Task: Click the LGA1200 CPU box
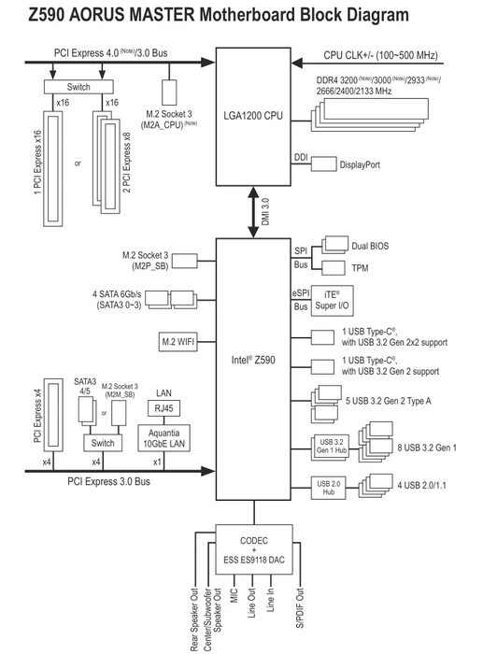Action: coord(253,117)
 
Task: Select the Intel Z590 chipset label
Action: coord(253,360)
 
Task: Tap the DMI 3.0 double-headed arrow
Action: coord(253,212)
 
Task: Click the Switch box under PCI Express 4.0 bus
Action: coord(78,87)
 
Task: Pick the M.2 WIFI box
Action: coord(178,342)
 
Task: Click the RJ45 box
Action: coord(163,408)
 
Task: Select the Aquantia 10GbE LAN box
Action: coord(163,438)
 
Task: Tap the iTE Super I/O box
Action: coord(332,301)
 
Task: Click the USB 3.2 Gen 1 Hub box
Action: coord(330,448)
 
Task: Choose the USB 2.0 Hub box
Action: coord(328,488)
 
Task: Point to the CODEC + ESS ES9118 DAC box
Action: coord(254,549)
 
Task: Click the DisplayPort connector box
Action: coord(323,163)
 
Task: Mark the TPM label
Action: coord(360,268)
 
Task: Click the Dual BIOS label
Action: coord(370,246)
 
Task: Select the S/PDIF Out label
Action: coord(300,607)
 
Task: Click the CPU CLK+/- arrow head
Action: coord(297,64)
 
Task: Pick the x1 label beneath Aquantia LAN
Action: coord(157,462)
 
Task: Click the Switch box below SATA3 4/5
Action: coord(103,443)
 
